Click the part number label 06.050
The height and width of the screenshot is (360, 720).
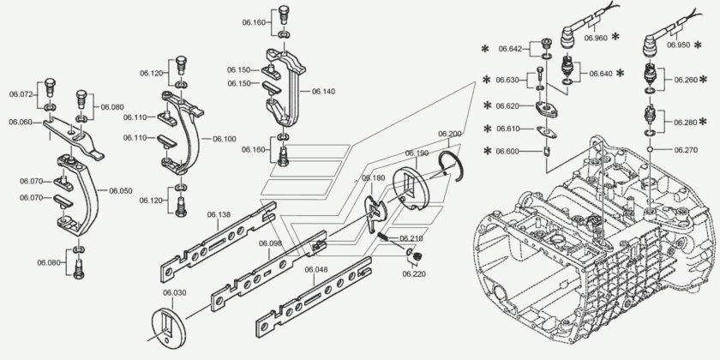pos(121,190)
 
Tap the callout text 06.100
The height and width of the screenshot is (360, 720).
pos(224,138)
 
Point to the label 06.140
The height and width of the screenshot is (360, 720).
pos(323,90)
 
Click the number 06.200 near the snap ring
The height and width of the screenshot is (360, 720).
pos(450,134)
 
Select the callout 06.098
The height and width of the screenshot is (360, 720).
pos(270,243)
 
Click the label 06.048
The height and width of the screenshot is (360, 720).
pos(316,269)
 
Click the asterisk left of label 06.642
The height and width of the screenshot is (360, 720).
pos(485,49)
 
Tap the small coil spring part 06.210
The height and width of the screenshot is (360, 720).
pos(384,237)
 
